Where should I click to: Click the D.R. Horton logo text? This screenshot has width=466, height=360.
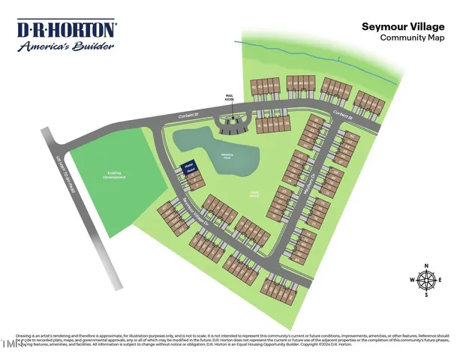67,29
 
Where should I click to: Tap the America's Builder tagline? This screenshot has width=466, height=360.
67,45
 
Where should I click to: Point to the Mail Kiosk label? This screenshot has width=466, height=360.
230,97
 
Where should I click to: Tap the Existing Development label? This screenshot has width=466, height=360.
115,176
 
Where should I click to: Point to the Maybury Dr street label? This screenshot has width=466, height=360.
308,184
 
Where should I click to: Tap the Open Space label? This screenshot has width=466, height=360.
244,193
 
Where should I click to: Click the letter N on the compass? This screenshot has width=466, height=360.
426,266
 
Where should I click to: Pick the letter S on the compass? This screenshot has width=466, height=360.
426,295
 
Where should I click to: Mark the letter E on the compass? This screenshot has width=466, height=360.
440,280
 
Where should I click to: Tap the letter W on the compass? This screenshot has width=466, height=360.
412,280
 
